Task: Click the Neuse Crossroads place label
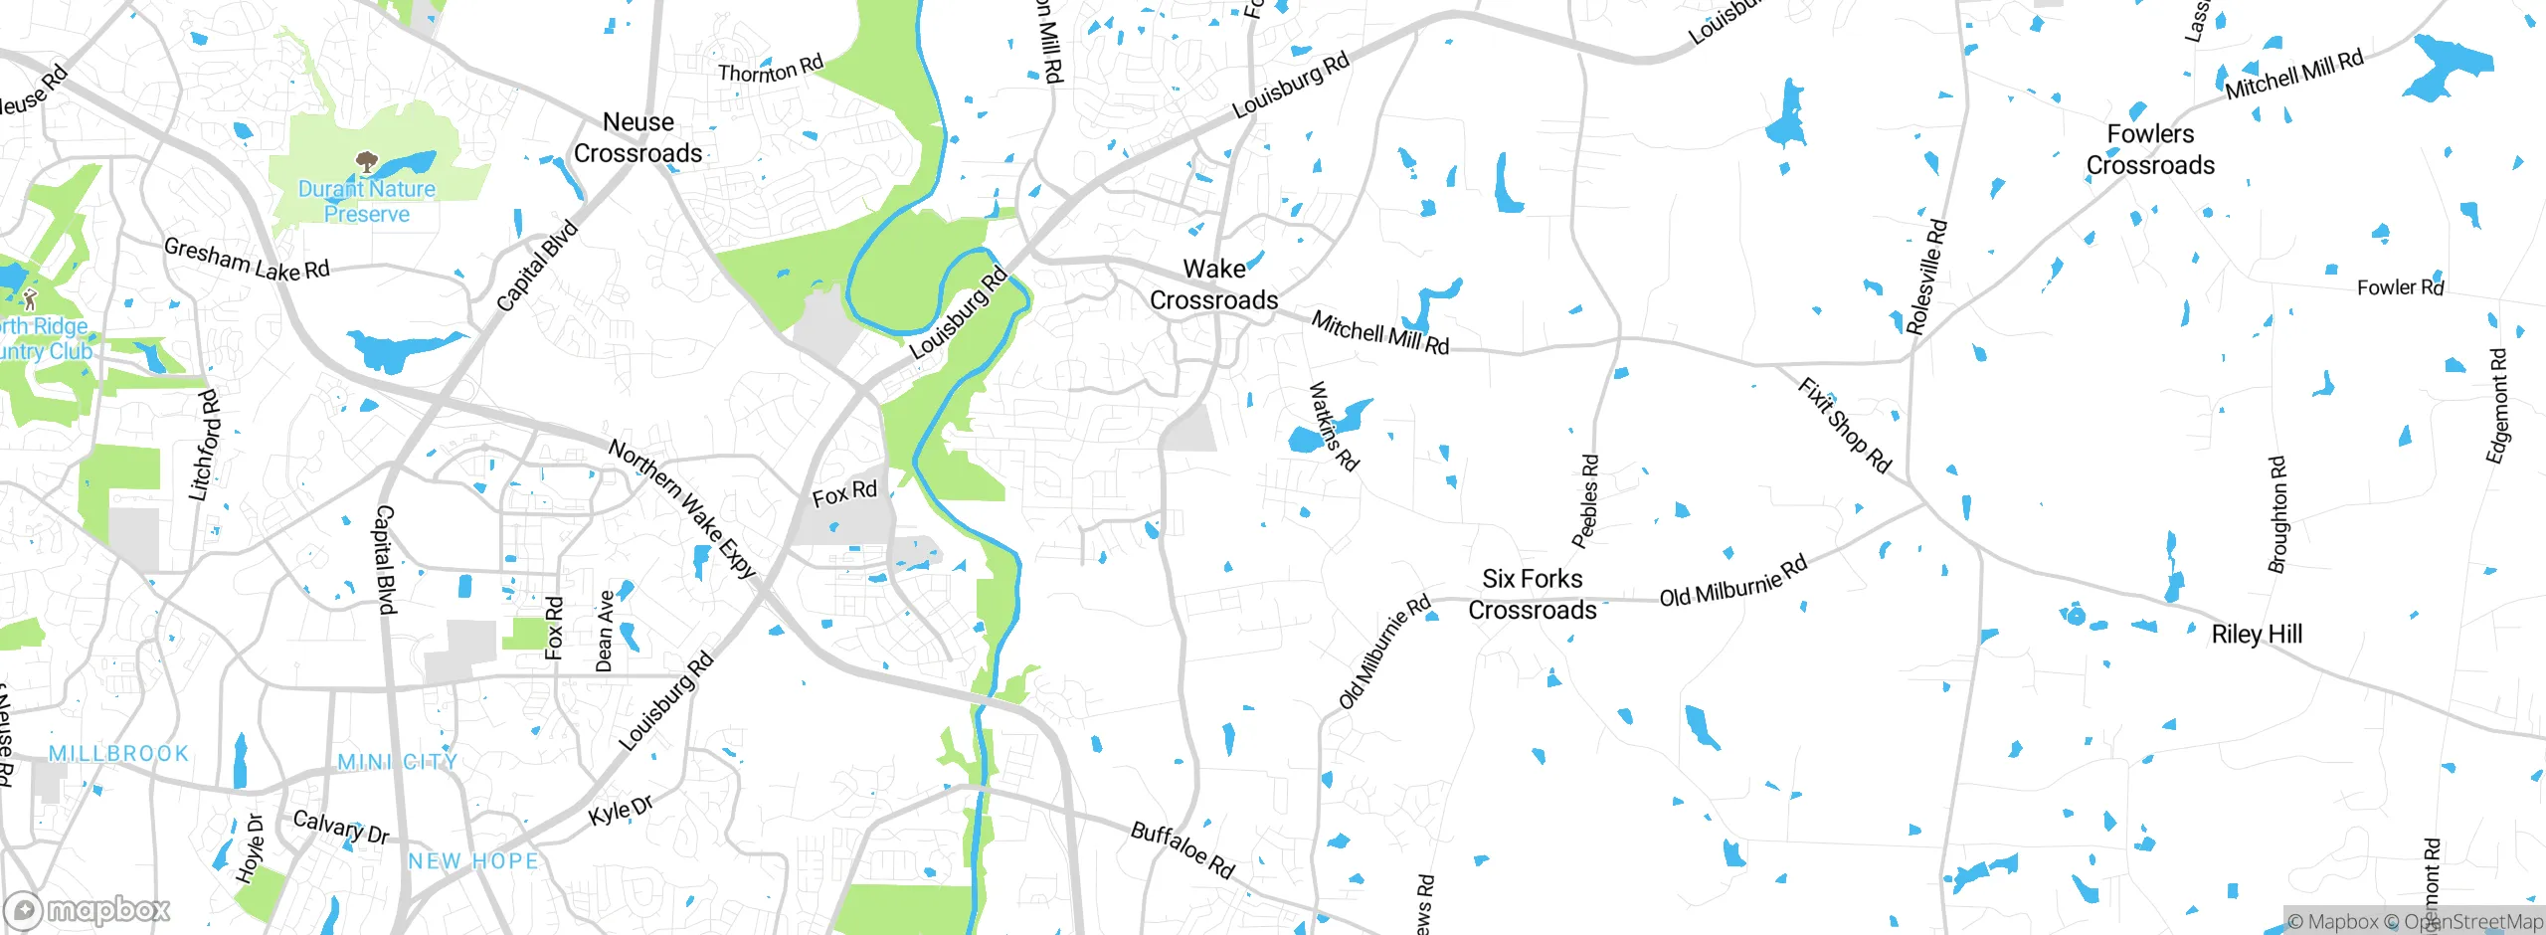click(637, 137)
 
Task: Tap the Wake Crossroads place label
click(1213, 284)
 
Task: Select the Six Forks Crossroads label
click(1532, 594)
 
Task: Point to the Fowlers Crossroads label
click(2150, 149)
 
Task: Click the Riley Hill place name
click(2257, 634)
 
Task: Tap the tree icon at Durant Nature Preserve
click(366, 161)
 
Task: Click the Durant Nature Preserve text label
click(367, 201)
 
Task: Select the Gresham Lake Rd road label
click(246, 260)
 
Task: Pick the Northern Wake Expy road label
click(682, 508)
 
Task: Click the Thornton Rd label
click(771, 69)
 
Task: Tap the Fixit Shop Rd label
click(1844, 425)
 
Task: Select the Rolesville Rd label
click(1926, 277)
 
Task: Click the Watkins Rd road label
click(1333, 426)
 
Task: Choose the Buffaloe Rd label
click(1182, 850)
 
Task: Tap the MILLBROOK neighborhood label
click(119, 753)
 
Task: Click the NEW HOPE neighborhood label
click(473, 860)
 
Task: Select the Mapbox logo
click(88, 909)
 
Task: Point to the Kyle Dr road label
click(621, 810)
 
